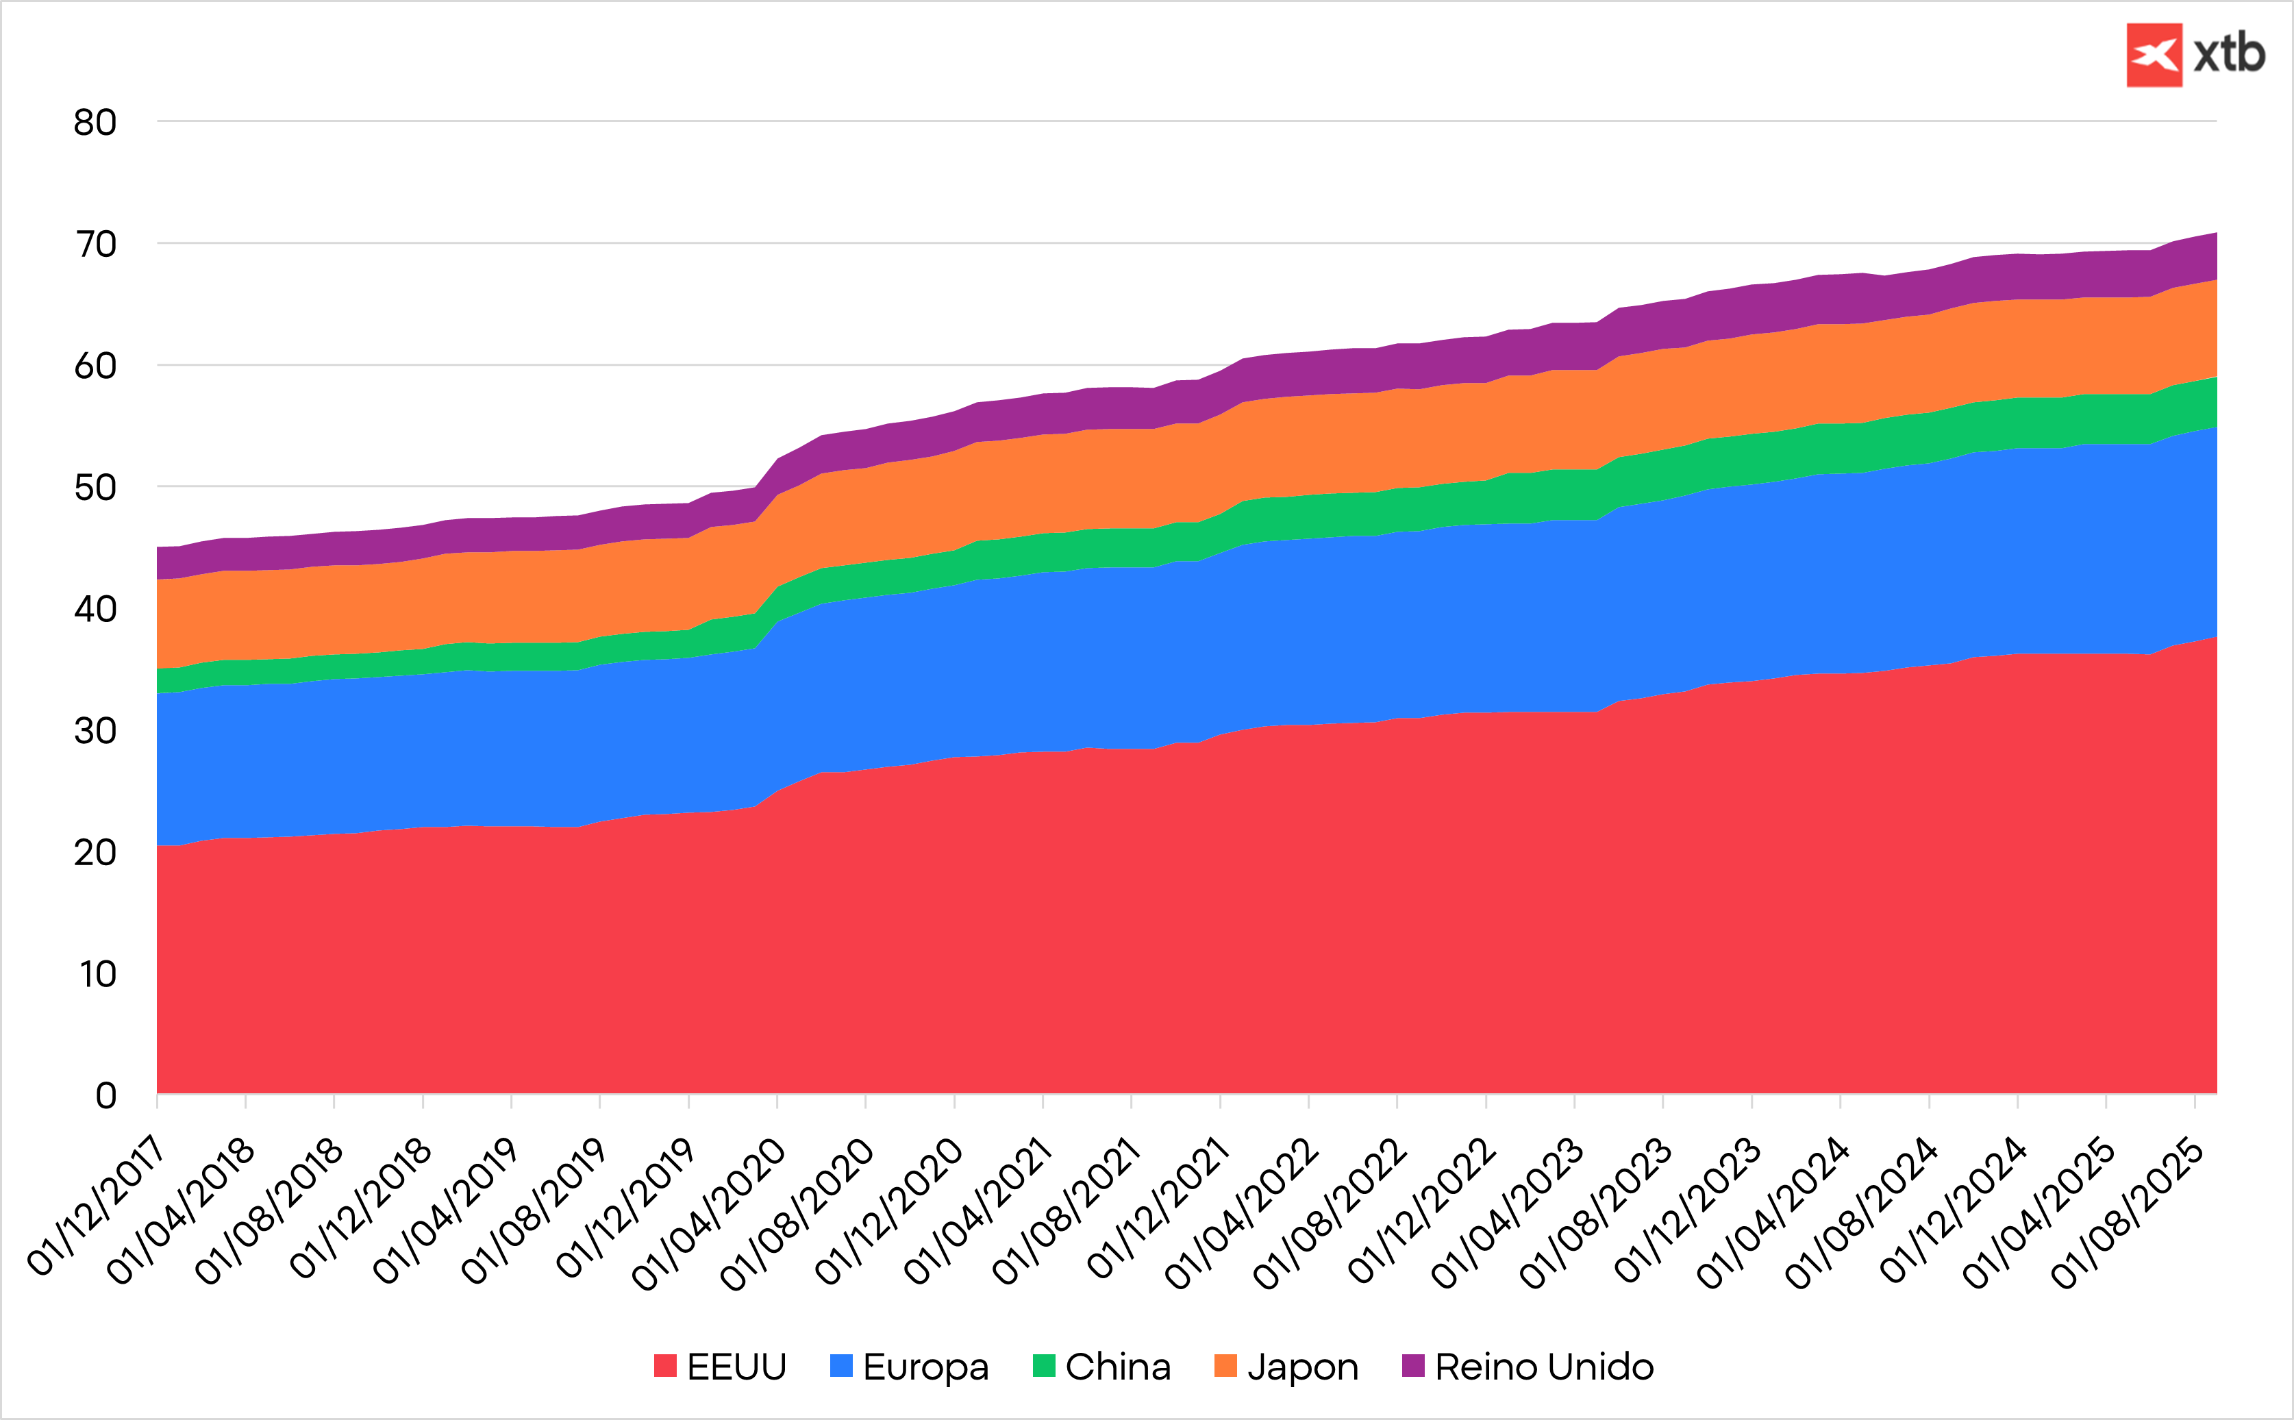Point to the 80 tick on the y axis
pyautogui.click(x=96, y=122)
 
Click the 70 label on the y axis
pyautogui.click(x=96, y=244)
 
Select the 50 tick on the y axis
pyautogui.click(x=96, y=488)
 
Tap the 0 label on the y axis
pyautogui.click(x=106, y=1095)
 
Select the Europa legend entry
pyautogui.click(x=909, y=1367)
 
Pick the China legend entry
pyautogui.click(x=1101, y=1367)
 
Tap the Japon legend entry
pyautogui.click(x=1286, y=1367)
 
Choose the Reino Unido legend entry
pyautogui.click(x=1528, y=1367)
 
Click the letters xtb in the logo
pyautogui.click(x=2229, y=55)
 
